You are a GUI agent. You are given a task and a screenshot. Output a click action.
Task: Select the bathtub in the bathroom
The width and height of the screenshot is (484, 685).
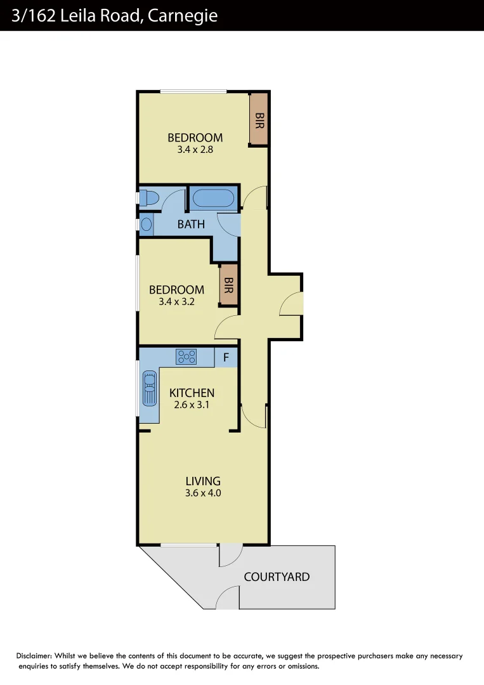tap(213, 199)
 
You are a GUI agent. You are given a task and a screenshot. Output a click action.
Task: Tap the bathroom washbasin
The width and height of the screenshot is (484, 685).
tap(147, 224)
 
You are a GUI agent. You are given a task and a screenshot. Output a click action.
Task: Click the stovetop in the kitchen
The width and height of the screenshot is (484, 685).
tap(186, 356)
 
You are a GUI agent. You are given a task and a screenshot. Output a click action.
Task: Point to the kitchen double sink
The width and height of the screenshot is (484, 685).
tap(149, 388)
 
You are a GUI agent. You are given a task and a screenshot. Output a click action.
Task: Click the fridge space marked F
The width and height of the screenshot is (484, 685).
tap(226, 357)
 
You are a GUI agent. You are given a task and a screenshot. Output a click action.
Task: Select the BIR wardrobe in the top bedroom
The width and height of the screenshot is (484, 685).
tap(258, 120)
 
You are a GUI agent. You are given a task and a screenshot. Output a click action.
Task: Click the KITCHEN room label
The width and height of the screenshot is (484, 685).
tap(192, 393)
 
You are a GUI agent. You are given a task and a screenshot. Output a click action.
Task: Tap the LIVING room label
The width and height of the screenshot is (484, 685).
tap(203, 481)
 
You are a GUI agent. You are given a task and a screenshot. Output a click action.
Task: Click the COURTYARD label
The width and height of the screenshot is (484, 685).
tap(277, 577)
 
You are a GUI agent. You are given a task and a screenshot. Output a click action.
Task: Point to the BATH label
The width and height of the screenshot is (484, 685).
tap(191, 224)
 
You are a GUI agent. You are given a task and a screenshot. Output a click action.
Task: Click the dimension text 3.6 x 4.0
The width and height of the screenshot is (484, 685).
tap(203, 493)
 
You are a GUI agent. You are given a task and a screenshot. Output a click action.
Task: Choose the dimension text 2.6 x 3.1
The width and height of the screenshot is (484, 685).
tap(192, 404)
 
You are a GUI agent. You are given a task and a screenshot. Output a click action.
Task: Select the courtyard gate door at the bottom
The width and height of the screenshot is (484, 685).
tap(228, 598)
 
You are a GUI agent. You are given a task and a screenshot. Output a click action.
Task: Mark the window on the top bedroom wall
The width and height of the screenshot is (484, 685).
tap(193, 92)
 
